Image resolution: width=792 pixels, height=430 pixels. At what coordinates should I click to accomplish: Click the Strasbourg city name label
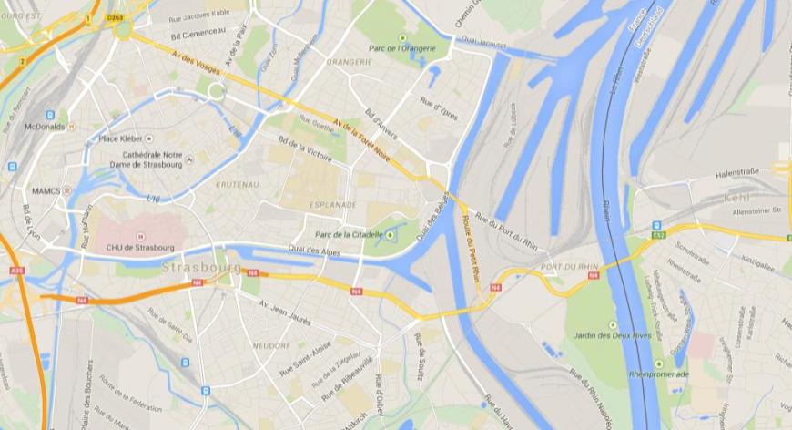[202, 268]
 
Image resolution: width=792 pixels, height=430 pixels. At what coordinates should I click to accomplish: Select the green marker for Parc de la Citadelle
[391, 235]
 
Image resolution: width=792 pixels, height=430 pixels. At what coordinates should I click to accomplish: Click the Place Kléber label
[122, 138]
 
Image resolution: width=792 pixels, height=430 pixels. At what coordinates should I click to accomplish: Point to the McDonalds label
[45, 127]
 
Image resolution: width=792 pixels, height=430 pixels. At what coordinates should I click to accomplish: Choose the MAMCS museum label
[46, 190]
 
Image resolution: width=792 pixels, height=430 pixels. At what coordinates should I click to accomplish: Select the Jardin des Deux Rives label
[610, 336]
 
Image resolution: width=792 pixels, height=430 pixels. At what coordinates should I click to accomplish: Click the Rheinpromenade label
[659, 374]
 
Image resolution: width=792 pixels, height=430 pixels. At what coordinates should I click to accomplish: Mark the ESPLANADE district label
[334, 205]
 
